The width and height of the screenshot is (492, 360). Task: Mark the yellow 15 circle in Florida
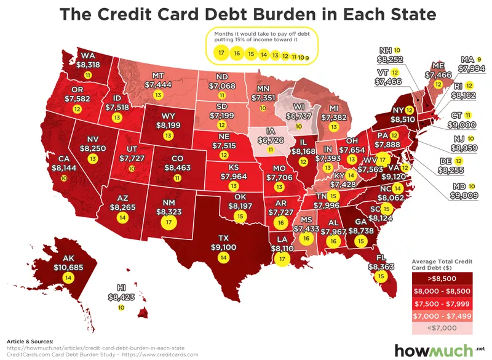pyautogui.click(x=381, y=277)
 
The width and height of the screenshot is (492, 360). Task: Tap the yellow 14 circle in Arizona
pyautogui.click(x=122, y=218)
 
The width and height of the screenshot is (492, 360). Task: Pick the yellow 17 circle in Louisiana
pyautogui.click(x=282, y=259)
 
